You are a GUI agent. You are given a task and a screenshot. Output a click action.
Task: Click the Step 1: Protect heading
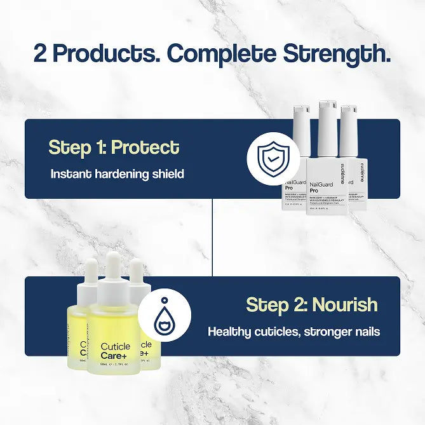114,147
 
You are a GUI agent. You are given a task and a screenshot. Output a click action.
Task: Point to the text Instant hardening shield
117,173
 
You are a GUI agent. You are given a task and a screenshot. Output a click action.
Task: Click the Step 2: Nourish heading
311,304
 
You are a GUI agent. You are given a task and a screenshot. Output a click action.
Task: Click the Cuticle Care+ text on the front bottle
116,351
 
